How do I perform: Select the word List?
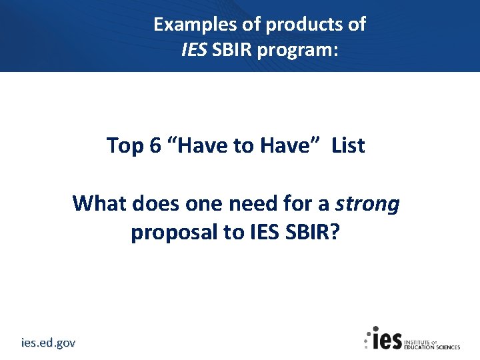pyautogui.click(x=348, y=145)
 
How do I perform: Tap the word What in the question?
pyautogui.click(x=99, y=203)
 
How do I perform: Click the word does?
pyautogui.click(x=157, y=203)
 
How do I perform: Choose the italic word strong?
pyautogui.click(x=368, y=203)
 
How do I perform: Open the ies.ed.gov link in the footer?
pyautogui.click(x=48, y=343)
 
